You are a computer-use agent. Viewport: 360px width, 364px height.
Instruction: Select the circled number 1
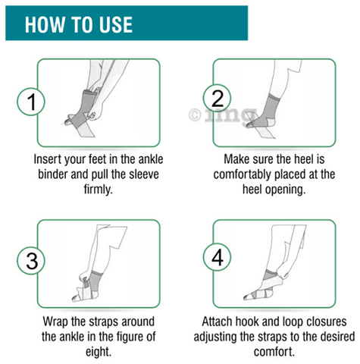click(31, 102)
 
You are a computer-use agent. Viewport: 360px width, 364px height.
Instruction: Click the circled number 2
click(217, 98)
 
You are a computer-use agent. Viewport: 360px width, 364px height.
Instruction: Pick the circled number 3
click(31, 261)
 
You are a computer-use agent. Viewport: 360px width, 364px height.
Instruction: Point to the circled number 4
click(218, 257)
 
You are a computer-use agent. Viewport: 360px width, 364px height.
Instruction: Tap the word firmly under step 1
click(98, 189)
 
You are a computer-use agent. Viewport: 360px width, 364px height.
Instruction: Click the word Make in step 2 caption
click(235, 159)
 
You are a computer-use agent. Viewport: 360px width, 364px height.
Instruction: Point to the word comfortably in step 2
click(242, 174)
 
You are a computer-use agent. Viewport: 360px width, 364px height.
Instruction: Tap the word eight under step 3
click(99, 352)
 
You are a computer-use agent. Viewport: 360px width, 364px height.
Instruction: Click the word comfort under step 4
click(274, 352)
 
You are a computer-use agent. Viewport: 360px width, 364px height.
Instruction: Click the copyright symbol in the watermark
click(195, 115)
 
